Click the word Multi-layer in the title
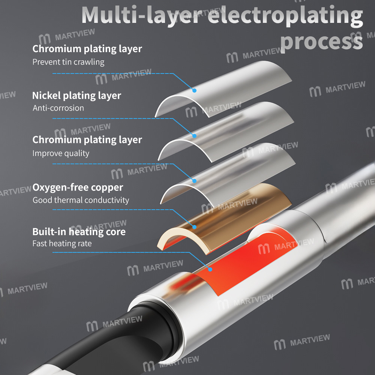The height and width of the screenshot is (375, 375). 141,15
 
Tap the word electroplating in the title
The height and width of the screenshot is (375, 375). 285,16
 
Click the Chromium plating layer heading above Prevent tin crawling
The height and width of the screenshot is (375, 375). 87,49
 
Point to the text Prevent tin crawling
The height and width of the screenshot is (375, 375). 68,62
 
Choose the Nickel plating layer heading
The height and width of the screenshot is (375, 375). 76,96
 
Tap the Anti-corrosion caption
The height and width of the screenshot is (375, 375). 58,108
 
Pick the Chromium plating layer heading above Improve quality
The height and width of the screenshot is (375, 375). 87,140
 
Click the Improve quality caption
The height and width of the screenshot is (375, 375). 61,153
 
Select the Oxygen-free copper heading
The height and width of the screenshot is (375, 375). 78,187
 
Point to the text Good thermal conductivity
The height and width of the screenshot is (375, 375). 81,200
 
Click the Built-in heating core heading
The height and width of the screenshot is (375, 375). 79,231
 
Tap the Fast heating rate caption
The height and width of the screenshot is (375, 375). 62,243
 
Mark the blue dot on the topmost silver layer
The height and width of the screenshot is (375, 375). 194,90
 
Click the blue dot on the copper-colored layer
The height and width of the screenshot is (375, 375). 194,227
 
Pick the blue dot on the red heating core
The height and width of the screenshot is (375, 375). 210,269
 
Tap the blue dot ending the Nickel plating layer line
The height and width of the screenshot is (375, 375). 194,136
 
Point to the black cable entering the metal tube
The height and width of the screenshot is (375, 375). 108,344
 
